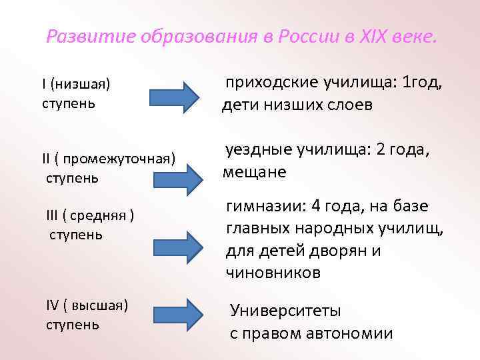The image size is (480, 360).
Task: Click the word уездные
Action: (260, 151)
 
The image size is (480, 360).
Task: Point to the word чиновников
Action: (273, 272)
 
